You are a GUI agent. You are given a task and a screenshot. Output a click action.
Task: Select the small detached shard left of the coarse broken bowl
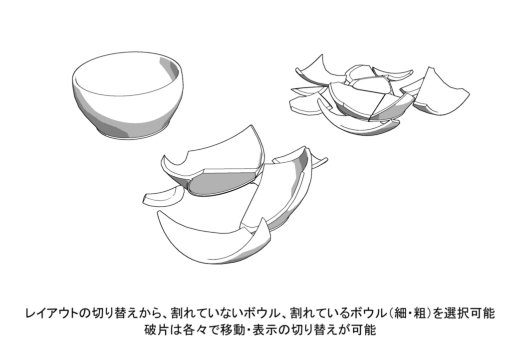pos(161,196)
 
